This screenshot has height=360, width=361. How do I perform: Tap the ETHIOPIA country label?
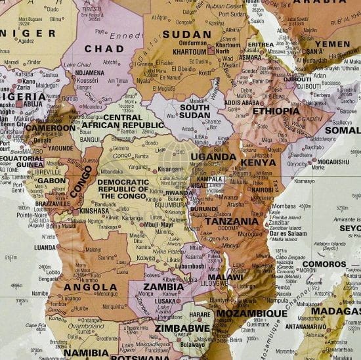click(x=276, y=110)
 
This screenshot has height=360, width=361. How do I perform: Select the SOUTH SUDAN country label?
click(x=194, y=112)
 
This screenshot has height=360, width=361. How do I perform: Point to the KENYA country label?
click(x=258, y=162)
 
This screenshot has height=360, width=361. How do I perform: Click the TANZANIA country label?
click(x=232, y=221)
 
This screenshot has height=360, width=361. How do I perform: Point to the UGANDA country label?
click(x=213, y=157)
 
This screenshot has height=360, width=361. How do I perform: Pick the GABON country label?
click(x=52, y=181)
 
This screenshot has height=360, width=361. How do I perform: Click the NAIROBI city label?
click(x=261, y=190)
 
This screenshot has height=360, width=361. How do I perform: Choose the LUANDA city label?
click(x=45, y=248)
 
